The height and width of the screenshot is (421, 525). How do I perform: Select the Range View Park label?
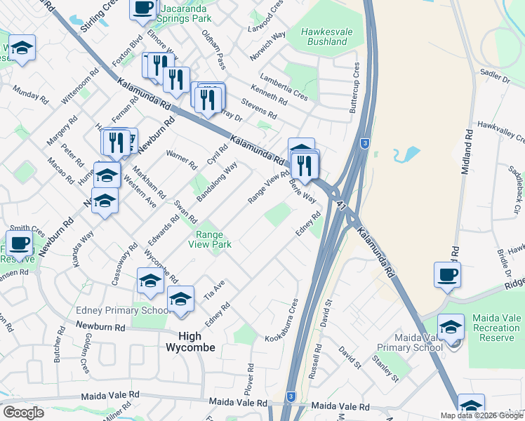click(209, 240)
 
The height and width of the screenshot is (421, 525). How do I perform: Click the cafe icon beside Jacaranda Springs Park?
click(143, 8)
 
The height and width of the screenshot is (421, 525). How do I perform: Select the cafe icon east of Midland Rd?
click(447, 274)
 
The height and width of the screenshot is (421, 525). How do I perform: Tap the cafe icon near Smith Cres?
click(20, 243)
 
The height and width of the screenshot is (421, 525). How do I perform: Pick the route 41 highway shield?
click(341, 205)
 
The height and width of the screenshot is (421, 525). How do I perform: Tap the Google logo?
click(23, 412)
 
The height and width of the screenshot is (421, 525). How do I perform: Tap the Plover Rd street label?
click(249, 378)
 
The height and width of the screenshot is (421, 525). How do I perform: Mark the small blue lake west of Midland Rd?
click(405, 154)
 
